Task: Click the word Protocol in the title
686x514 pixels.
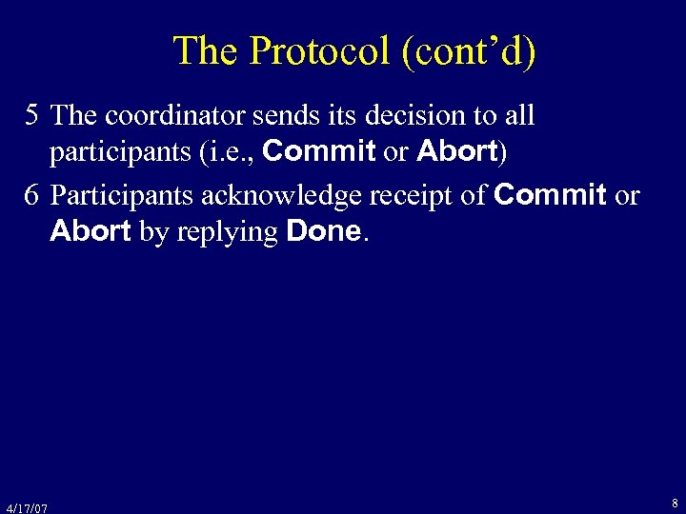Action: [x=318, y=51]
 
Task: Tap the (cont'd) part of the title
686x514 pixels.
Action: [x=469, y=51]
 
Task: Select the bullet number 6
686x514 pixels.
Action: [x=32, y=196]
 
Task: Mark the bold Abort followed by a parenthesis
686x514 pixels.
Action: [x=457, y=151]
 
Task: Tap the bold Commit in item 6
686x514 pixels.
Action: [x=551, y=196]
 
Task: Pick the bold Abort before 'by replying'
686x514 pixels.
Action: [x=91, y=231]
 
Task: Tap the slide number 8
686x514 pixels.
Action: [x=675, y=503]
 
